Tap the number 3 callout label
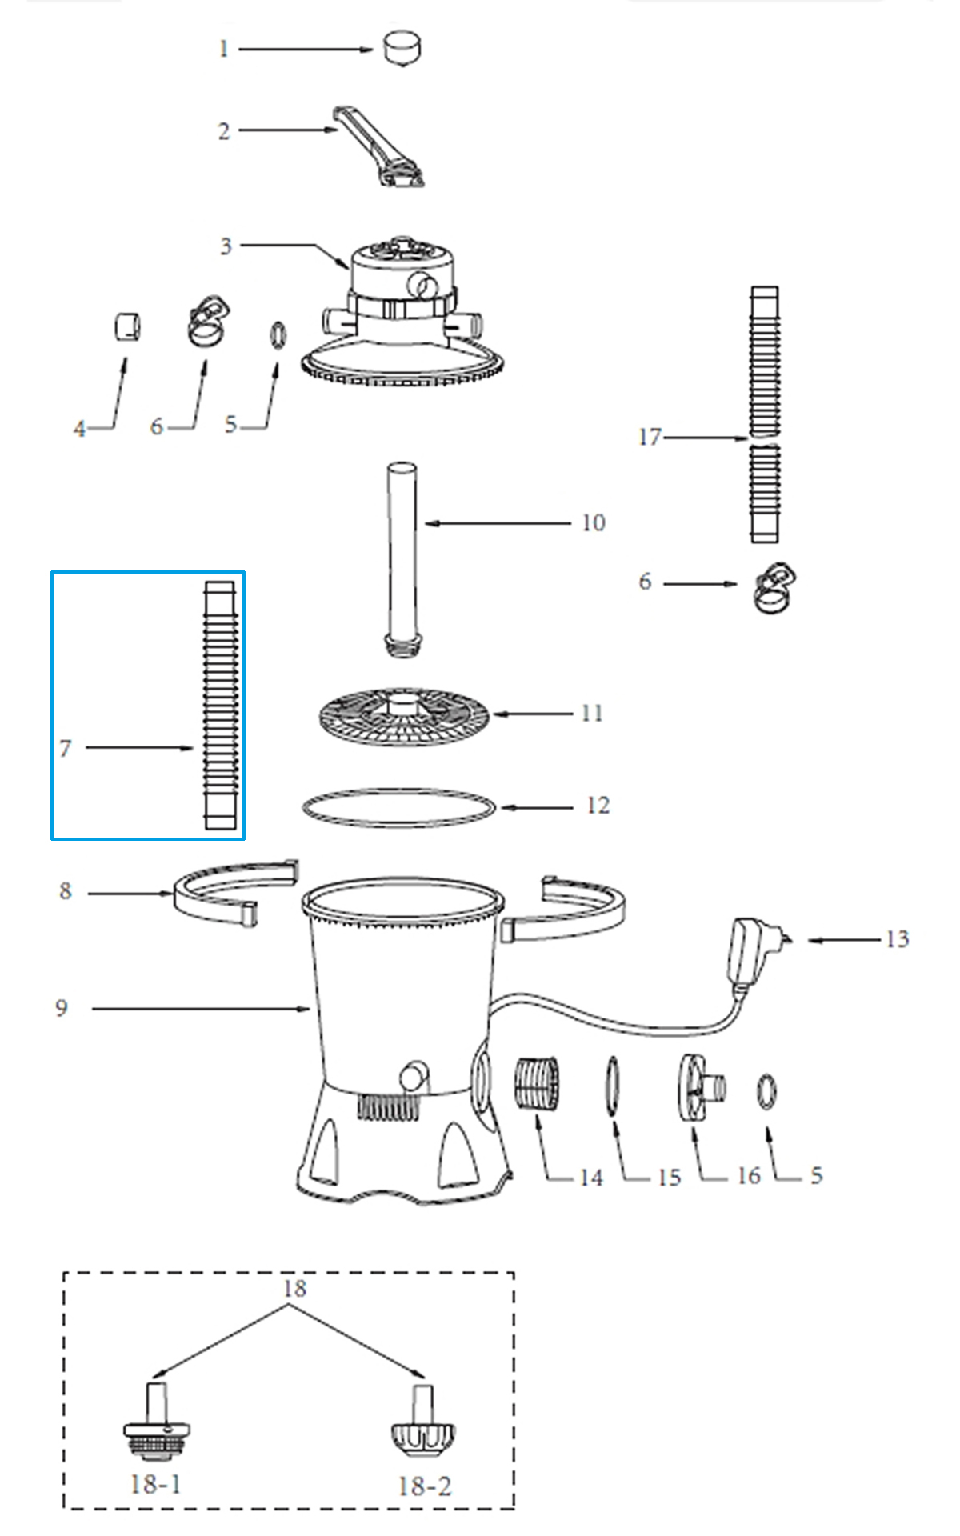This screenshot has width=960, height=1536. click(226, 246)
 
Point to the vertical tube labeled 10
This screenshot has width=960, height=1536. click(403, 558)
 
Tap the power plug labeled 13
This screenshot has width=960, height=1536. click(756, 952)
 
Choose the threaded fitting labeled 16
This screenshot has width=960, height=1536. click(702, 1086)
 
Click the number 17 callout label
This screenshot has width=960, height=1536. click(650, 437)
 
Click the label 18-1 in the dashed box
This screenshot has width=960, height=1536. click(156, 1484)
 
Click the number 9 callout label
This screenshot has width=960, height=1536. click(62, 1008)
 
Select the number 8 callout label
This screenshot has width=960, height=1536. click(66, 891)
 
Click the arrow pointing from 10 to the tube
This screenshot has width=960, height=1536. click(498, 523)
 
